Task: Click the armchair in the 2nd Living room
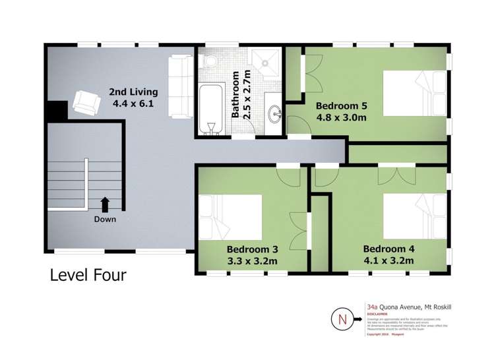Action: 85,103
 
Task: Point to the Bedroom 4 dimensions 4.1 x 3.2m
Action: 388,260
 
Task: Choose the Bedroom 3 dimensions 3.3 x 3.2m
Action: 251,261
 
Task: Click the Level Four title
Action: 88,274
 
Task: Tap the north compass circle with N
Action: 342,320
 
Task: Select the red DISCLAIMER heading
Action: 377,314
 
